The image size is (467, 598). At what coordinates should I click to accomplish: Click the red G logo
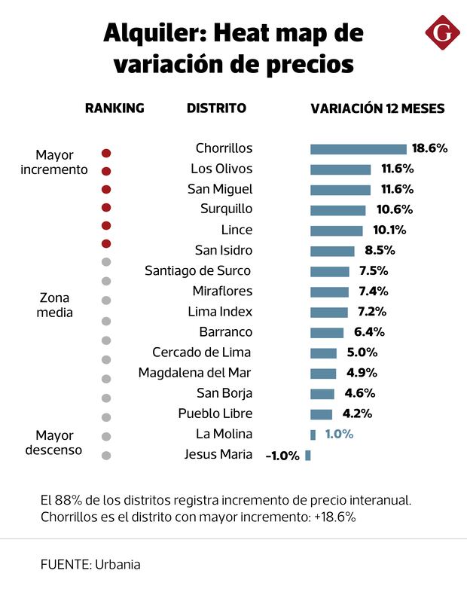coord(441,33)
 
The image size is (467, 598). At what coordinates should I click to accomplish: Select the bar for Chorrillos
coord(358,149)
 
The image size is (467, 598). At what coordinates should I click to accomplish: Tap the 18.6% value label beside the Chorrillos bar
coord(429,148)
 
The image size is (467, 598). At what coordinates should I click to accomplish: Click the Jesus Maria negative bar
coord(308,455)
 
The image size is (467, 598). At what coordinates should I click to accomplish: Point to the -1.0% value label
coord(282,456)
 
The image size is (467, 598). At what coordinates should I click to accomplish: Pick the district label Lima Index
coord(220,311)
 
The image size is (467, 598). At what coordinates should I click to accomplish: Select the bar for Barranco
coord(327,332)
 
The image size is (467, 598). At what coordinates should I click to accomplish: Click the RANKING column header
coord(114,108)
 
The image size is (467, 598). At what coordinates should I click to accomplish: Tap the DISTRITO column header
coord(216,108)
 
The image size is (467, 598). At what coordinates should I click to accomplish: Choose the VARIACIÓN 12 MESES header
coord(377,108)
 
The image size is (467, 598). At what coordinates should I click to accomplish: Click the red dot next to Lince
coord(106,225)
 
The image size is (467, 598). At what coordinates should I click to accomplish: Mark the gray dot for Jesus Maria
coord(106,455)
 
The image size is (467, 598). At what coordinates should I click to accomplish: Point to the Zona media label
coord(55,305)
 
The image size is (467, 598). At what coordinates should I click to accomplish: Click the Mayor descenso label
coord(54,443)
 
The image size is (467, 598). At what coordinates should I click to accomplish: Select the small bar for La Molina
coord(313,435)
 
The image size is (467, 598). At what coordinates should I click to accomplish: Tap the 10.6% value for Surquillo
coord(389,209)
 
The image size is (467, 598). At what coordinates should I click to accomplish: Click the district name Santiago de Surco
coord(198,270)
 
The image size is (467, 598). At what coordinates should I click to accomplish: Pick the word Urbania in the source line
coord(118,564)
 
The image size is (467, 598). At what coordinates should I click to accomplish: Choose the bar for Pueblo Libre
coord(321,414)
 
